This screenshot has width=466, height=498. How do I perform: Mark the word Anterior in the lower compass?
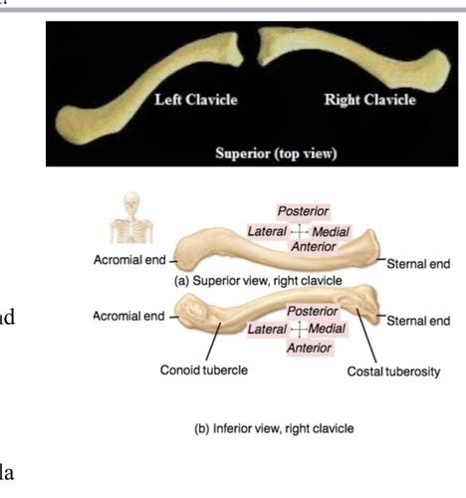[x=310, y=348]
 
